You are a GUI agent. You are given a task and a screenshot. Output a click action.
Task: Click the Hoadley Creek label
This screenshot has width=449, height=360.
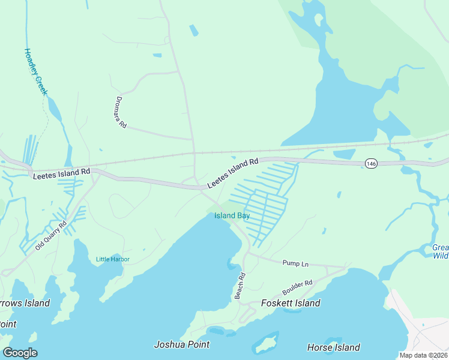[35, 73]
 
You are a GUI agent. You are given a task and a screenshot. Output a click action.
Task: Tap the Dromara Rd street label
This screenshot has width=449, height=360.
[121, 113]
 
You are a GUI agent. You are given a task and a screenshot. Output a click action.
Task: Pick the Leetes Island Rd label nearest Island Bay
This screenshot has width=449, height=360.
[232, 173]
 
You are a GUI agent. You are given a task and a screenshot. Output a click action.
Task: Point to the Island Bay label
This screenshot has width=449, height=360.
[232, 215]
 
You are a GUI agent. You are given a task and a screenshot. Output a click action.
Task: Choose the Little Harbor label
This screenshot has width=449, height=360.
[113, 259]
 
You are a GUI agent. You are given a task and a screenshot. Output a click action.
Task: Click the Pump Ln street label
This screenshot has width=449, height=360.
[295, 263]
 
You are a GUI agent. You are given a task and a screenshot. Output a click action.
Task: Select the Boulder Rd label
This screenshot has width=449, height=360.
[297, 287]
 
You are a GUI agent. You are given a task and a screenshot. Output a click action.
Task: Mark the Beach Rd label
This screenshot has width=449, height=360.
[240, 286]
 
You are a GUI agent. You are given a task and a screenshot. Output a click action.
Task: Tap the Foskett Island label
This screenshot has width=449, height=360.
[291, 303]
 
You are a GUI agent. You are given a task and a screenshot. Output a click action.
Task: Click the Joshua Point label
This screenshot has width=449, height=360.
[182, 344]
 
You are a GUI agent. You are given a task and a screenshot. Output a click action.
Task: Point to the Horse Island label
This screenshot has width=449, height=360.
[333, 347]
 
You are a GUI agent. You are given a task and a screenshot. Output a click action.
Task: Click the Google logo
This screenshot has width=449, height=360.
[20, 353]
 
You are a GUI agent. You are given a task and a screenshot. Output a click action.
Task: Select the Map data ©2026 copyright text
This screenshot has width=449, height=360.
[424, 355]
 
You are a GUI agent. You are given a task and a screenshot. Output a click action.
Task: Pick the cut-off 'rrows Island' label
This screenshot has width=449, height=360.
[25, 303]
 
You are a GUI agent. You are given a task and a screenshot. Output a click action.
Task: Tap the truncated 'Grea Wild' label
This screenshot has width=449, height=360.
[441, 251]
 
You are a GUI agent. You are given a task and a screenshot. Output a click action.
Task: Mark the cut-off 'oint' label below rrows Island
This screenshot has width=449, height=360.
[8, 324]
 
